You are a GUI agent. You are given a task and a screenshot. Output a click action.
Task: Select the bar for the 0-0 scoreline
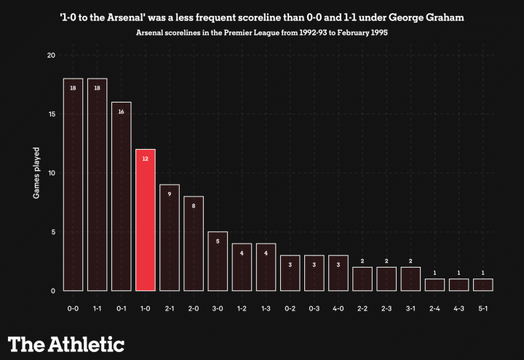73,185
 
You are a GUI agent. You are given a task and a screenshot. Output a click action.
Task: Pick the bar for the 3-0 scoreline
218,261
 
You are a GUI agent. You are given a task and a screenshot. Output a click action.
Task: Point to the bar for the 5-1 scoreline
483,285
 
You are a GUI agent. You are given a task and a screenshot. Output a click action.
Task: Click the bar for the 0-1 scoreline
121,196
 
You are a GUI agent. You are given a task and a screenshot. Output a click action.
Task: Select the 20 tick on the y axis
49,55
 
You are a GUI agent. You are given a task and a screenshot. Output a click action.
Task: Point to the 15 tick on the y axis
49,114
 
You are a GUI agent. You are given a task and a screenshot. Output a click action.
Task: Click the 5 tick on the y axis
49,232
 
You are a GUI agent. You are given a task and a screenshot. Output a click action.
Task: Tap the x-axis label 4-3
458,308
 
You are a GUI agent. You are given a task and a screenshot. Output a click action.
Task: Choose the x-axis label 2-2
362,308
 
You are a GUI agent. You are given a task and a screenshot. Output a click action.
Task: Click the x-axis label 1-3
266,308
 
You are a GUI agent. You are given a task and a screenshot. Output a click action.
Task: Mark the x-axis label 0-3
314,308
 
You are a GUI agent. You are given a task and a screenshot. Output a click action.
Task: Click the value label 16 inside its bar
121,112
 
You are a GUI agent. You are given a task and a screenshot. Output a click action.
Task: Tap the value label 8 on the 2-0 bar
193,206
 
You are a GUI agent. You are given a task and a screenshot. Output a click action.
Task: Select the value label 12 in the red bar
145,159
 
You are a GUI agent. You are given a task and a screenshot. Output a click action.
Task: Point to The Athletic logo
66,344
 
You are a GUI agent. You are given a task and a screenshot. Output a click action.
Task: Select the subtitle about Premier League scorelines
261,33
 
